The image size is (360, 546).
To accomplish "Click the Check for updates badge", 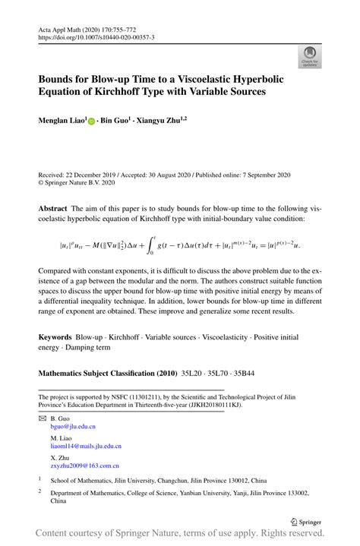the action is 309,56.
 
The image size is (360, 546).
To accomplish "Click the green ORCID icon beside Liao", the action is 92,121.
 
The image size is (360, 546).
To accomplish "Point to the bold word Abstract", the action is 53,207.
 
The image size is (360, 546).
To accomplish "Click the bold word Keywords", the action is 55,336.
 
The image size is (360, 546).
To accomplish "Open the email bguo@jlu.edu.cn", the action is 73,427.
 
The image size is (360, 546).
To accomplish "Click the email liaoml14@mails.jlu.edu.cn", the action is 86,447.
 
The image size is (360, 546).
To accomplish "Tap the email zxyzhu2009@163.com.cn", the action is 84,466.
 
